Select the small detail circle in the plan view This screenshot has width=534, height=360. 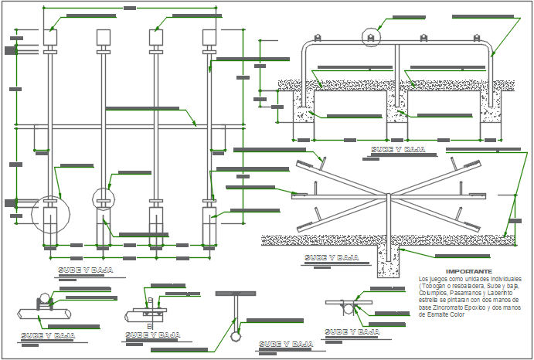(103, 198)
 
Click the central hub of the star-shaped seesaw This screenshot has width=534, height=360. (386, 195)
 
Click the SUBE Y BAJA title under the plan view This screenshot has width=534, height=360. (86, 270)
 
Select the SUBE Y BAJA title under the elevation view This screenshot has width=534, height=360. (400, 150)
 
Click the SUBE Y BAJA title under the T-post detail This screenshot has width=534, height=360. (287, 344)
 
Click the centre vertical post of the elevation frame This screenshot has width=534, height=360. (396, 77)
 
